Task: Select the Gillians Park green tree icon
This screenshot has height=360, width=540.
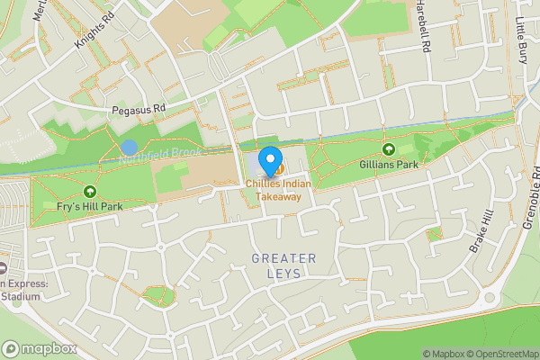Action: [389, 149]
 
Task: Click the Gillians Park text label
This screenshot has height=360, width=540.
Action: [389, 165]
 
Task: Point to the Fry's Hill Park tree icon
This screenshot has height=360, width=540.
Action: [90, 191]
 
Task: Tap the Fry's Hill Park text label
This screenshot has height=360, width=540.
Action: [89, 206]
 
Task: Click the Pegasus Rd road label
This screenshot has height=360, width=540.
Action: [139, 110]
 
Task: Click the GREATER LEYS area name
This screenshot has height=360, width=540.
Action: [283, 266]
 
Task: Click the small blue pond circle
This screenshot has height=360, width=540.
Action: [130, 147]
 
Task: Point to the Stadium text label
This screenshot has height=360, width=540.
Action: [20, 296]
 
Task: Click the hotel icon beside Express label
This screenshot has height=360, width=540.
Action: [2, 269]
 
